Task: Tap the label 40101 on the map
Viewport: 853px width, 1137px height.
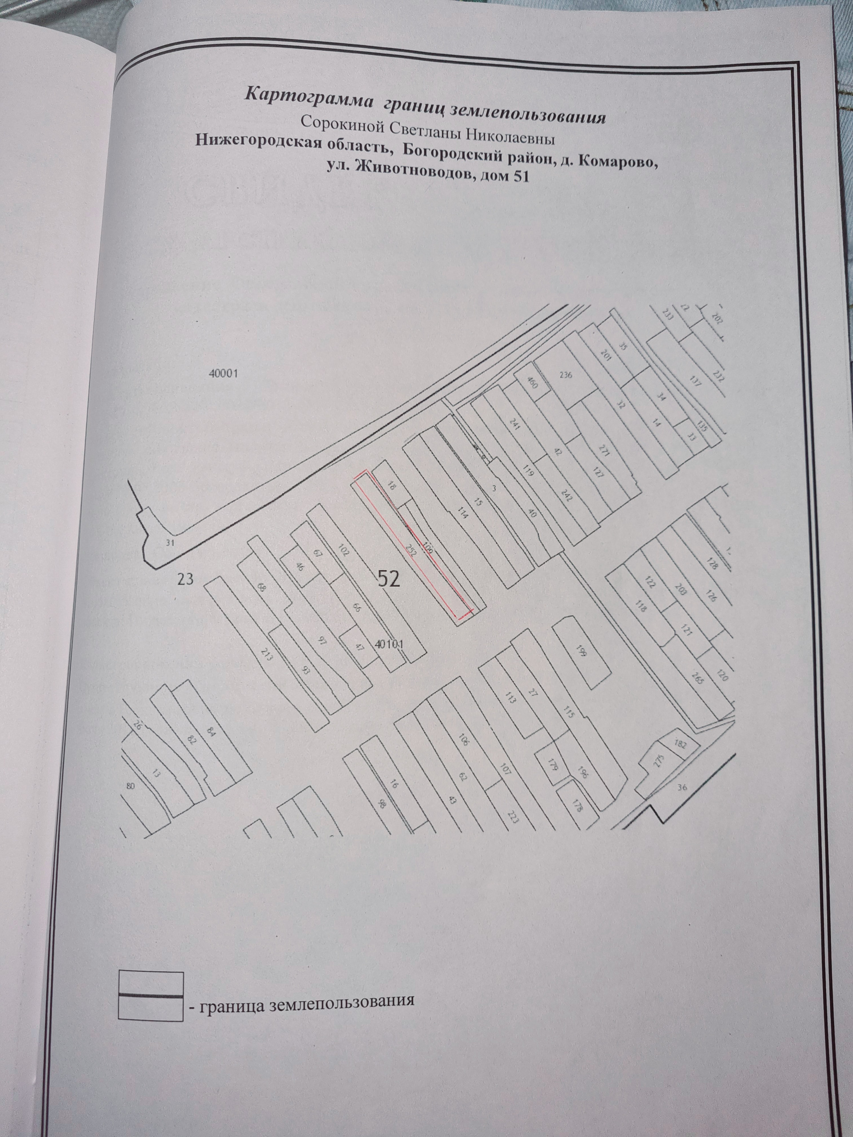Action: click(x=391, y=644)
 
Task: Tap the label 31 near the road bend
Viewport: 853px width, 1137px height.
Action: click(x=171, y=543)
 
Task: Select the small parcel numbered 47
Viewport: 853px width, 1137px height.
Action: click(x=359, y=647)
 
